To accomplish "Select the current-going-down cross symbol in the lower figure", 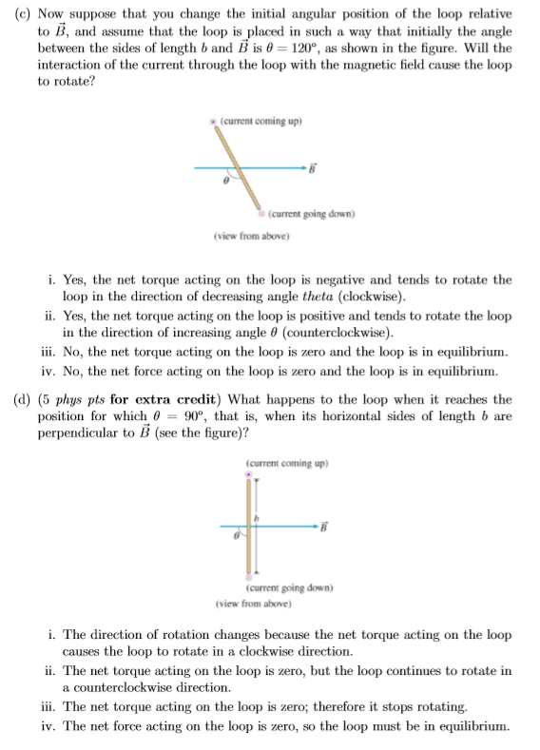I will coord(249,577).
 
